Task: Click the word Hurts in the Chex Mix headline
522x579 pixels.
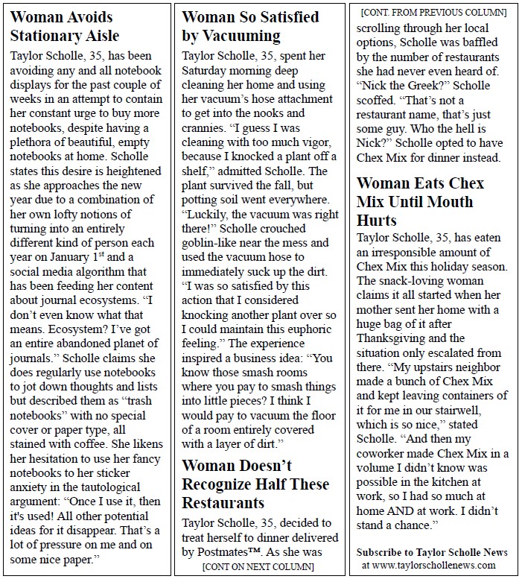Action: [377, 220]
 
